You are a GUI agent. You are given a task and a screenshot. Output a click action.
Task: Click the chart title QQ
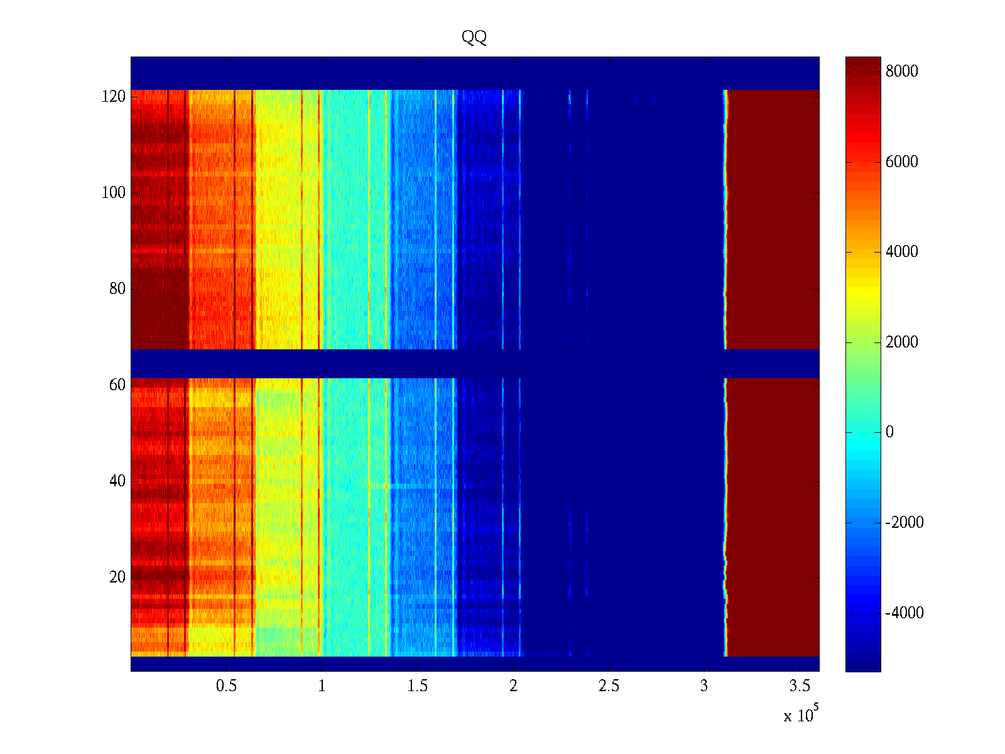pyautogui.click(x=474, y=37)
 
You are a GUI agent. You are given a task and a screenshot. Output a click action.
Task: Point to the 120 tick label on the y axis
pyautogui.click(x=114, y=97)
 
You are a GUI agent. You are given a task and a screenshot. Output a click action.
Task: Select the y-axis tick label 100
pyautogui.click(x=114, y=193)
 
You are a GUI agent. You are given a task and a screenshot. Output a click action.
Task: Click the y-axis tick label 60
pyautogui.click(x=117, y=385)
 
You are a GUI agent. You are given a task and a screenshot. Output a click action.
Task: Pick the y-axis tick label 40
pyautogui.click(x=117, y=481)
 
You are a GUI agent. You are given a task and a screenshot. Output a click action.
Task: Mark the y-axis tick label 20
pyautogui.click(x=117, y=577)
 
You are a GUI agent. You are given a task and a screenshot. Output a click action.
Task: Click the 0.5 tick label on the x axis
pyautogui.click(x=226, y=686)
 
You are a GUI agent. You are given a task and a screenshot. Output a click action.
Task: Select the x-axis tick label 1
pyautogui.click(x=322, y=686)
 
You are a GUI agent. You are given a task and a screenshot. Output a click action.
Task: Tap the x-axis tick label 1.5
pyautogui.click(x=417, y=686)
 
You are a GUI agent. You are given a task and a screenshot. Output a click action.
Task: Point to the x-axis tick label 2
pyautogui.click(x=513, y=686)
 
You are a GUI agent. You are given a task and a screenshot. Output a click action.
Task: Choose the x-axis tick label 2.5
pyautogui.click(x=609, y=686)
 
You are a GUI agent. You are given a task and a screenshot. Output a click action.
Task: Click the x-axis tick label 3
pyautogui.click(x=704, y=686)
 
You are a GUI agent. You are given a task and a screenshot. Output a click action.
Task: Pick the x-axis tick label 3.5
pyautogui.click(x=800, y=686)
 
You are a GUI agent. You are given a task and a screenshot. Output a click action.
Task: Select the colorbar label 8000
pyautogui.click(x=902, y=72)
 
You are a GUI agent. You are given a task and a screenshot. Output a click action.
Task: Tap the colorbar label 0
pyautogui.click(x=889, y=432)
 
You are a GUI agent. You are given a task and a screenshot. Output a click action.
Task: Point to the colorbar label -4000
pyautogui.click(x=905, y=613)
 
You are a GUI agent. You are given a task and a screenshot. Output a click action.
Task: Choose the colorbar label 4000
pyautogui.click(x=902, y=252)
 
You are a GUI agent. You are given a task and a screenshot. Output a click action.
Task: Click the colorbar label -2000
pyautogui.click(x=905, y=523)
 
